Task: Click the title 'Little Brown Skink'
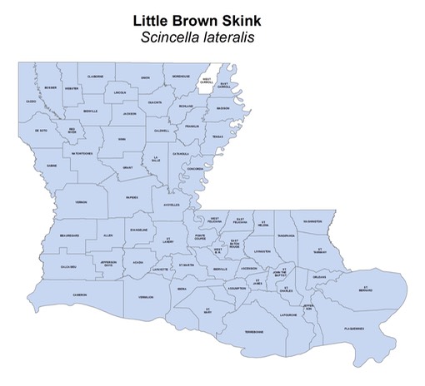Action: pos(212,17)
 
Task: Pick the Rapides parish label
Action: pos(132,198)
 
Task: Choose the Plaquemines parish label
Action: pos(354,329)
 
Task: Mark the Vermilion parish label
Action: pos(147,297)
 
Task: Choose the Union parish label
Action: pos(145,77)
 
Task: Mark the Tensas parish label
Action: pos(217,136)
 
